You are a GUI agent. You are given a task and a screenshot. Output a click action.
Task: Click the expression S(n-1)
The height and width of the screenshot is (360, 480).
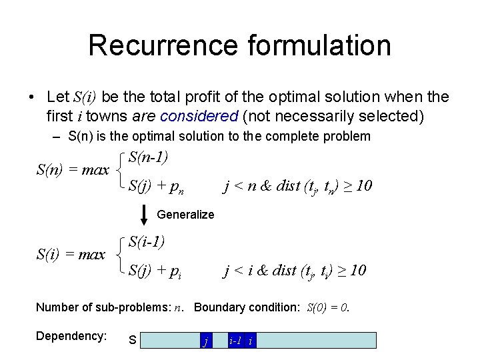tap(148, 157)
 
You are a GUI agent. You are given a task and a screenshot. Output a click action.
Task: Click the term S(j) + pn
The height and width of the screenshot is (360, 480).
tap(156, 185)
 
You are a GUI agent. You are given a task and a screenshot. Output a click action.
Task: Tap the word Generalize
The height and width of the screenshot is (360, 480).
tap(185, 215)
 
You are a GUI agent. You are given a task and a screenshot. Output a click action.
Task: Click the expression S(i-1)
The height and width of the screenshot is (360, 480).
tap(147, 241)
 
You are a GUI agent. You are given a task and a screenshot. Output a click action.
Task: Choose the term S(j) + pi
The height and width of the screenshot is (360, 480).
tap(155, 270)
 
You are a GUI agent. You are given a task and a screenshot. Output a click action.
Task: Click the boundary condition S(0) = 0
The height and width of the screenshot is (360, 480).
tap(327, 307)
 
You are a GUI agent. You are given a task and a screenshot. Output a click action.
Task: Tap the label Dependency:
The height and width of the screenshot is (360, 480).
tap(71, 337)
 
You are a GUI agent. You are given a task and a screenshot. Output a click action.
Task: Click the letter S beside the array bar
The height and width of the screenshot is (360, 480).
tap(132, 341)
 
